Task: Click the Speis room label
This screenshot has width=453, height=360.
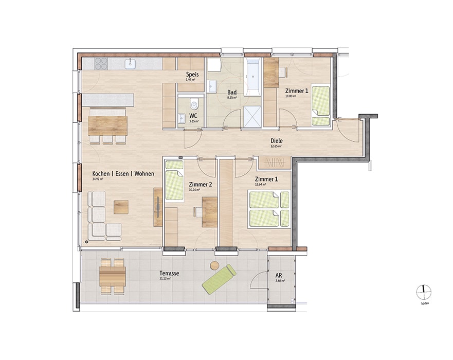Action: pyautogui.click(x=192, y=75)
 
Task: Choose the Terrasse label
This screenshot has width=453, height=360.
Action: pyautogui.click(x=169, y=274)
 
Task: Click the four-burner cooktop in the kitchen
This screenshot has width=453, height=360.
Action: pyautogui.click(x=100, y=64)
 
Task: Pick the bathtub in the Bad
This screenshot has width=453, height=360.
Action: pyautogui.click(x=253, y=77)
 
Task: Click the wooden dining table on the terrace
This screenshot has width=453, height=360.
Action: pyautogui.click(x=113, y=277)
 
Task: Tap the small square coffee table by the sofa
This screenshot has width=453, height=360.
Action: pyautogui.click(x=121, y=206)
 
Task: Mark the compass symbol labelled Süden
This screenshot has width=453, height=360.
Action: pyautogui.click(x=424, y=292)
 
